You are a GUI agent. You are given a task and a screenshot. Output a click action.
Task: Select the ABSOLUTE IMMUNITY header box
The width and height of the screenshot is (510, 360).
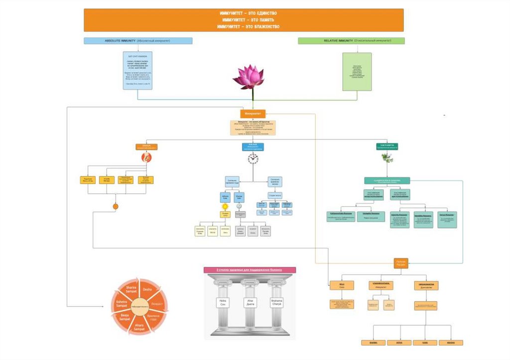pyautogui.click(x=138, y=41)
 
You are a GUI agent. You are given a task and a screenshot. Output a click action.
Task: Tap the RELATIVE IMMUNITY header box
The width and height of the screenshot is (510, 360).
pyautogui.click(x=351, y=41)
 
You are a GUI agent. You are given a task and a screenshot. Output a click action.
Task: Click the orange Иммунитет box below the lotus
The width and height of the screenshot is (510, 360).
pyautogui.click(x=253, y=114)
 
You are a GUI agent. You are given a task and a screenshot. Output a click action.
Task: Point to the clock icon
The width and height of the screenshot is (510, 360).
pyautogui.click(x=253, y=159)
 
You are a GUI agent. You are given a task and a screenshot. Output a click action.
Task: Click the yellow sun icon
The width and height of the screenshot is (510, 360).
pyautogui.click(x=225, y=206)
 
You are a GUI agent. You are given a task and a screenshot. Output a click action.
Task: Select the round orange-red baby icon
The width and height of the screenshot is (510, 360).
pyautogui.click(x=146, y=157)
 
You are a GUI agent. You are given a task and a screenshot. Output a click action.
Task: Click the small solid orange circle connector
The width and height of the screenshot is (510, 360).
pyautogui.click(x=116, y=206)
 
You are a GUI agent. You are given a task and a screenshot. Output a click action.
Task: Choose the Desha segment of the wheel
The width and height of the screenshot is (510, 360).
pyautogui.click(x=147, y=289)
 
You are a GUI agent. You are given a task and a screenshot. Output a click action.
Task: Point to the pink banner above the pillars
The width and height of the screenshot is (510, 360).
pyautogui.click(x=250, y=270)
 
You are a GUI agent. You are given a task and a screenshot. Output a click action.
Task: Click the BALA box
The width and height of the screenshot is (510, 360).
pyautogui.click(x=342, y=285)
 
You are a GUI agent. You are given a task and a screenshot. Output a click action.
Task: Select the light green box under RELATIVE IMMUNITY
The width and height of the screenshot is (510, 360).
pyautogui.click(x=357, y=72)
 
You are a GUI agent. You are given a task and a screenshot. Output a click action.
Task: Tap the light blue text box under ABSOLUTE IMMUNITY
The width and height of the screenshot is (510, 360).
pyautogui.click(x=138, y=70)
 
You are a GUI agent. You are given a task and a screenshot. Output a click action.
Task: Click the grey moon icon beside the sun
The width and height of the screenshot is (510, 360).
pyautogui.click(x=239, y=206)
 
